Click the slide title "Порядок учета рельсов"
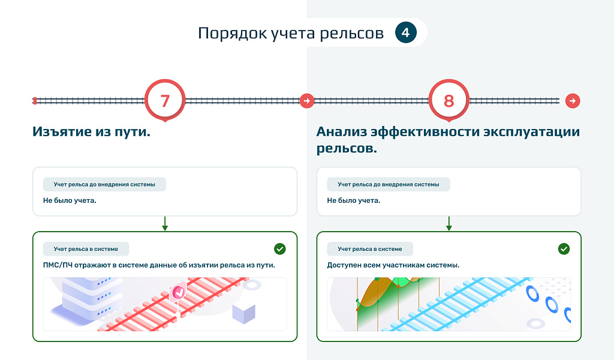point(291,33)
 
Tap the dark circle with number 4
point(406,32)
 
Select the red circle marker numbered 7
point(165,100)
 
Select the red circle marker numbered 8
point(449,100)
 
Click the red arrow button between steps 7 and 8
point(307,100)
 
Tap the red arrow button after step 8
point(573,100)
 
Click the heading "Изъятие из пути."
point(91,132)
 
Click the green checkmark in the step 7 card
point(279,248)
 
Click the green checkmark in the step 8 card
point(564,248)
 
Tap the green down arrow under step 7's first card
point(165,224)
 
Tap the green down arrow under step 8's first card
point(449,224)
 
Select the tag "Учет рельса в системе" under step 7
point(86,248)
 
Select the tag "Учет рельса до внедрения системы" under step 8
point(388,184)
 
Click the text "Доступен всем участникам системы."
point(393,265)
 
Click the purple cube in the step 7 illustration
point(243,313)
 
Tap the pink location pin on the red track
point(177,292)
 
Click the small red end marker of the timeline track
point(35,100)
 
